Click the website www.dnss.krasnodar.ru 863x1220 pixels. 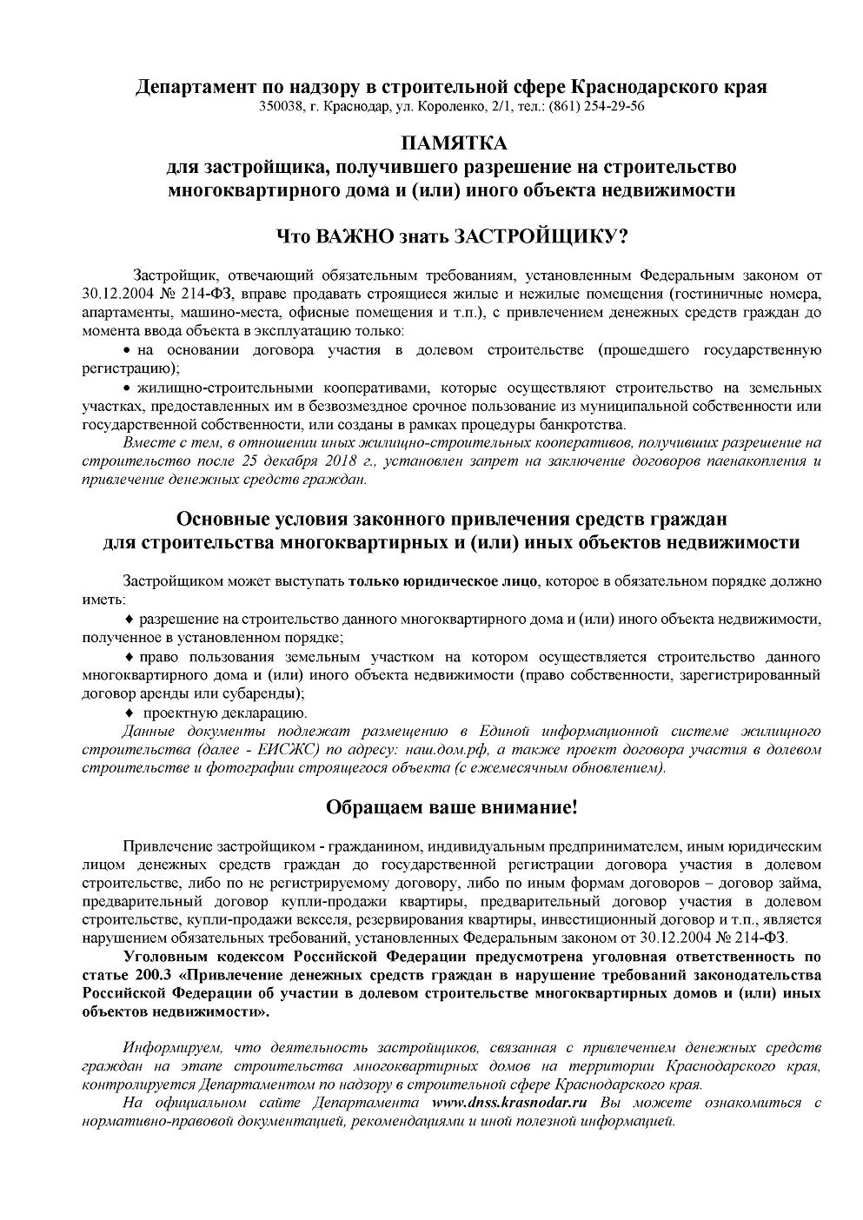point(509,1103)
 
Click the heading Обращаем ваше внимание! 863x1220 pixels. point(452,807)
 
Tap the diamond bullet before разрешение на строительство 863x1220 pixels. point(129,619)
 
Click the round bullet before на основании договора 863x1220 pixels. point(127,350)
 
